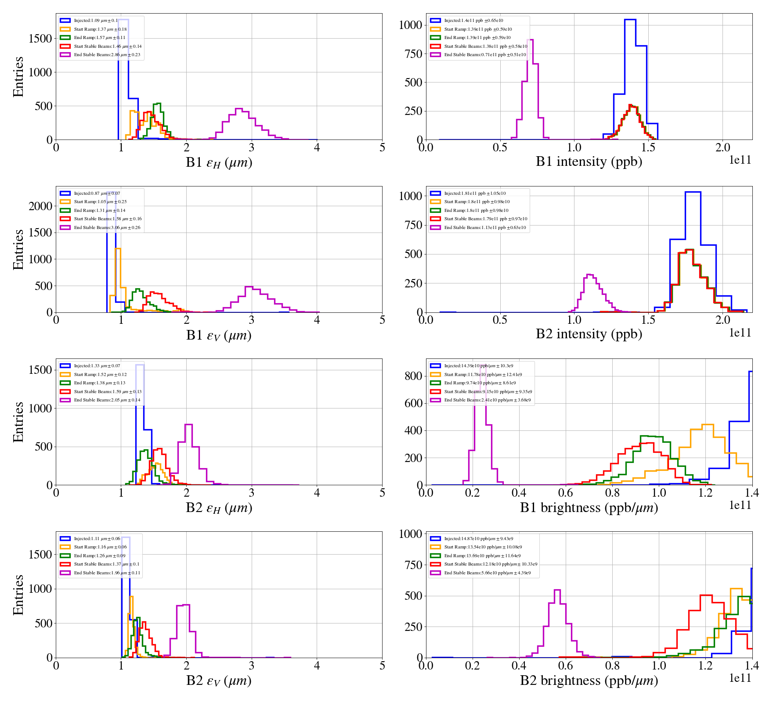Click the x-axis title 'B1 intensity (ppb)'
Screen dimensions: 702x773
click(589, 161)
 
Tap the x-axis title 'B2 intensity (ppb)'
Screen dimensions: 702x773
click(589, 334)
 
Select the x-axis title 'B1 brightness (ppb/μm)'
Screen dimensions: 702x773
click(589, 508)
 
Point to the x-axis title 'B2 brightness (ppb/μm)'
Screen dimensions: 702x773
click(589, 681)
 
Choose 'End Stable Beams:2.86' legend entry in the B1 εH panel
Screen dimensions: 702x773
click(107, 55)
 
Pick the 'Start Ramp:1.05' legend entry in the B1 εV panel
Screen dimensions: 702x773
click(100, 202)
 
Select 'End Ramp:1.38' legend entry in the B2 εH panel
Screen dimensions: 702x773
click(99, 383)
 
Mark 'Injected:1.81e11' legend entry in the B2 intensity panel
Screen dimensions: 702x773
click(475, 193)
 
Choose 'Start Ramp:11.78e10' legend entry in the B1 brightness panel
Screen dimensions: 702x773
click(483, 375)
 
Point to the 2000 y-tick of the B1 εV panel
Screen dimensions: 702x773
click(40, 206)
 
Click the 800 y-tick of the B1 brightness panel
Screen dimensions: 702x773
click(413, 376)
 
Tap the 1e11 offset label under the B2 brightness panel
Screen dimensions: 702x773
click(740, 678)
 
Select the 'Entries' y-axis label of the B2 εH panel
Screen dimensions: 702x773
click(18, 422)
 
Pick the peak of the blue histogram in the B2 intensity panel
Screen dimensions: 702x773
click(693, 192)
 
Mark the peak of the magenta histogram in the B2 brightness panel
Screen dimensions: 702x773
click(557, 590)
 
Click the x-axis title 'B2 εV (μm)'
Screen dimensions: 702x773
click(219, 681)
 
